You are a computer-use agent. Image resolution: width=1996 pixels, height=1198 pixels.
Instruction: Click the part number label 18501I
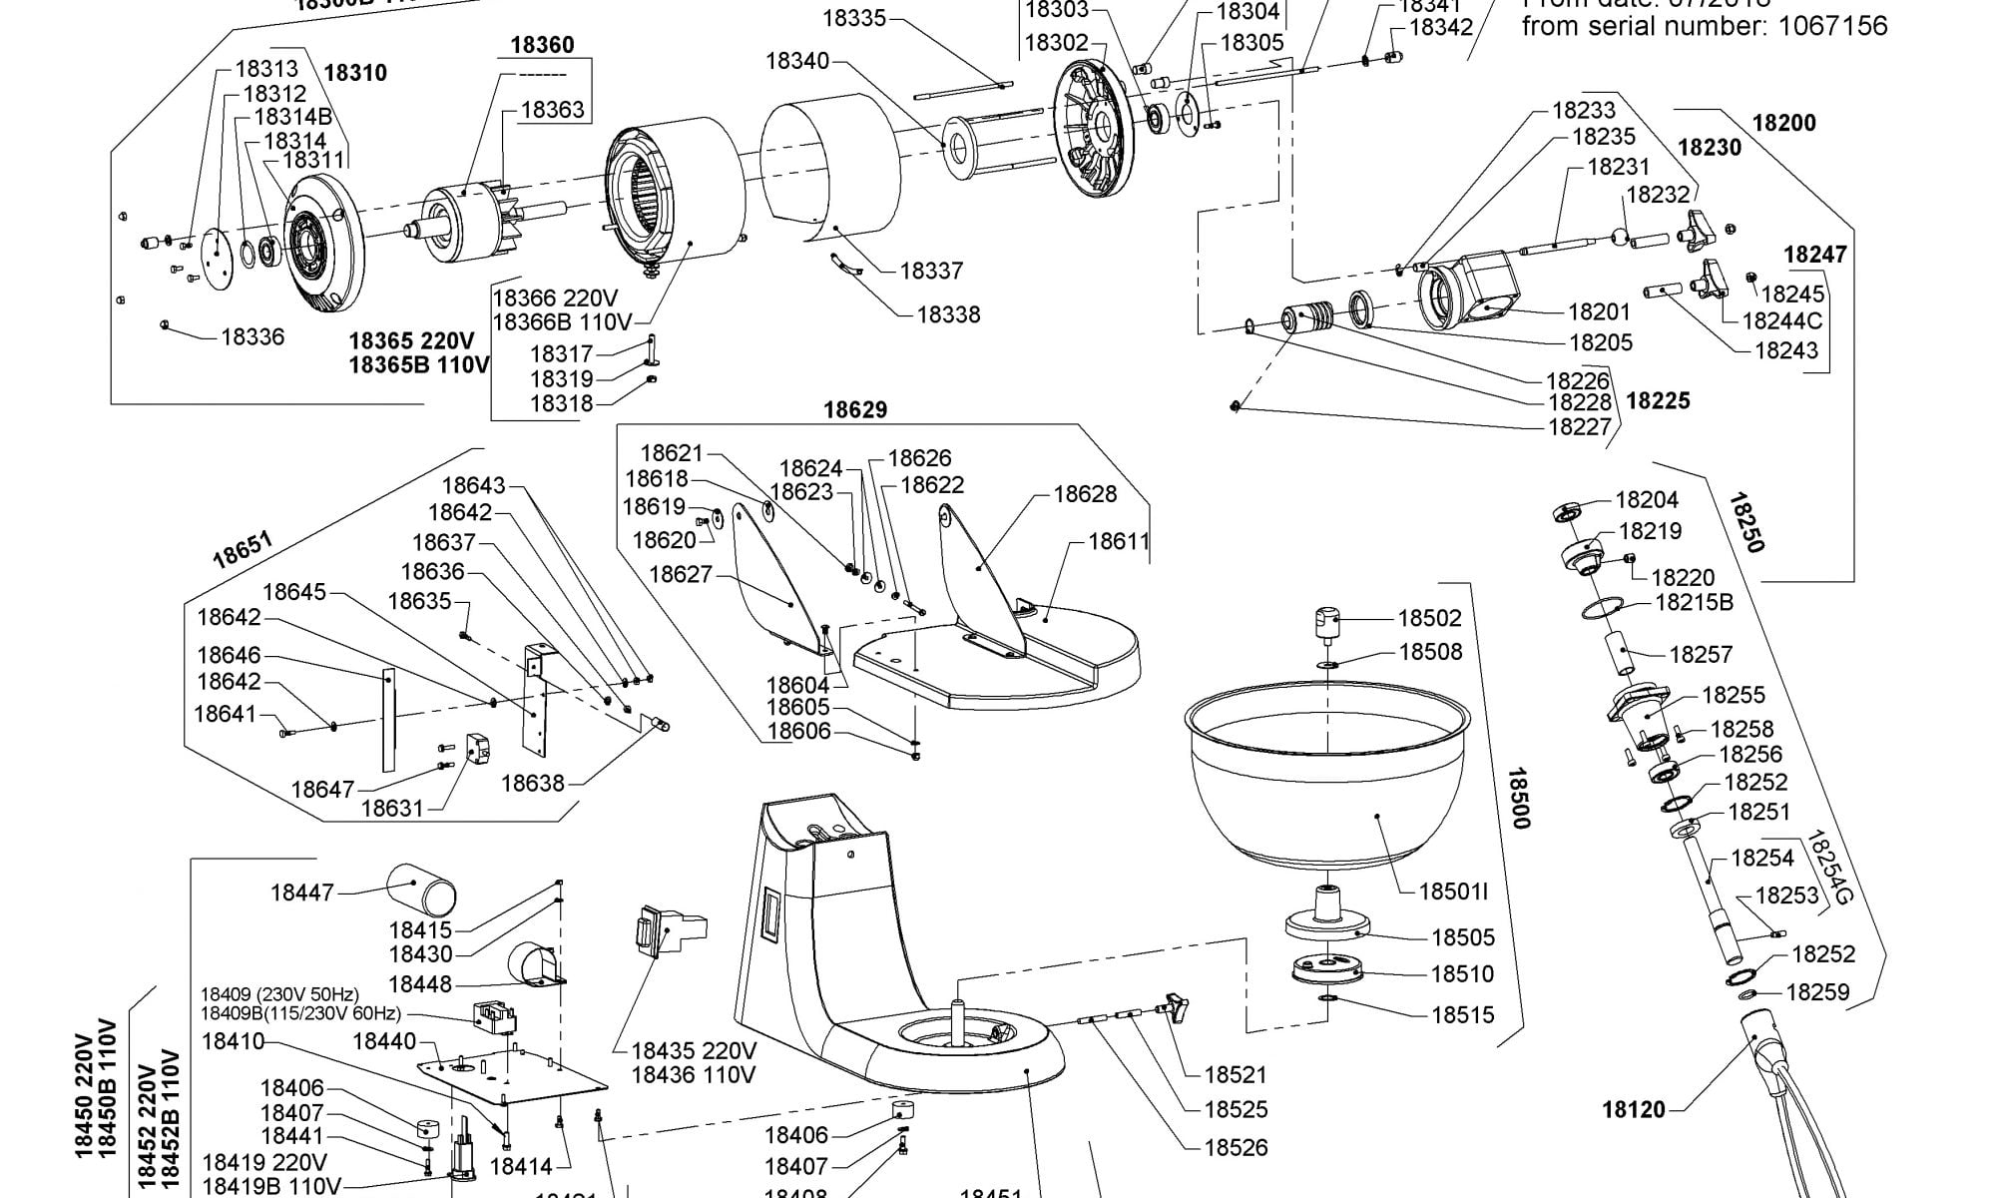click(1453, 891)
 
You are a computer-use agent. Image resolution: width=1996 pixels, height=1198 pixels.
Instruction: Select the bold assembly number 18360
click(542, 45)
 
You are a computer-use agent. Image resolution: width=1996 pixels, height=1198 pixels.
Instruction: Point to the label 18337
click(931, 271)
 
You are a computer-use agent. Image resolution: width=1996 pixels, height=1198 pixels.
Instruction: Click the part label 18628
click(1085, 494)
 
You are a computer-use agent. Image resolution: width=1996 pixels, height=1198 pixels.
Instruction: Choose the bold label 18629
click(854, 410)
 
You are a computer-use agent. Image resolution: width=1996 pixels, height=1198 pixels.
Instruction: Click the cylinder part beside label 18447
click(421, 890)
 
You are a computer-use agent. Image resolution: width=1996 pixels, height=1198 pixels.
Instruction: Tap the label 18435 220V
click(694, 1051)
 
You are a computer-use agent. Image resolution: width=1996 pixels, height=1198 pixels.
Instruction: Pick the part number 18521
click(1236, 1074)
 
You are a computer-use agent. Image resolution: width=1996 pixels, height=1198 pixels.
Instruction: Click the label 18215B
click(1695, 602)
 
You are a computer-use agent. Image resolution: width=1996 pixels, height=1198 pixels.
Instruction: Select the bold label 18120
click(1634, 1109)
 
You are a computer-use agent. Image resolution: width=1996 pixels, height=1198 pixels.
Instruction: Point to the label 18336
click(252, 337)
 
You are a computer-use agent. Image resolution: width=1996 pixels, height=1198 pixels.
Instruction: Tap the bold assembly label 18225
click(1658, 400)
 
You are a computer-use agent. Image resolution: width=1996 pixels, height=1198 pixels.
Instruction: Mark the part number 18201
click(1599, 312)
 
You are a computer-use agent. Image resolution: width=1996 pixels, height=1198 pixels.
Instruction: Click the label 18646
click(229, 656)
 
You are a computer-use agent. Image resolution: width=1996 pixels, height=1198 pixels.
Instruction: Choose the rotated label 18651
click(243, 551)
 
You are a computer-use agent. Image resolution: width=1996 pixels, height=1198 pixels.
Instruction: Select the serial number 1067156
click(1833, 26)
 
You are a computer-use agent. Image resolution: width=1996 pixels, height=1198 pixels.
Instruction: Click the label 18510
click(1462, 973)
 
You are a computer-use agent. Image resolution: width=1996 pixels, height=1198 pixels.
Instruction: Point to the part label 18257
click(1701, 654)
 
